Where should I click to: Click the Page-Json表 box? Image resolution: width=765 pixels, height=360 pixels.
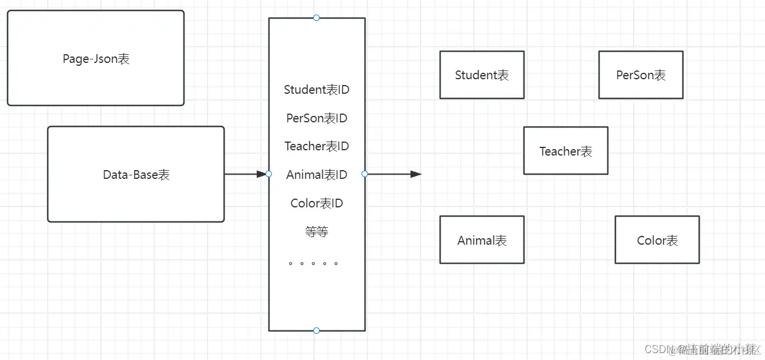[x=95, y=58]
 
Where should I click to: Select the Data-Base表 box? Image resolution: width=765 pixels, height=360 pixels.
[x=136, y=174]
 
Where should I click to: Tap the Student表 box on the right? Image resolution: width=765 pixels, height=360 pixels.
[x=481, y=75]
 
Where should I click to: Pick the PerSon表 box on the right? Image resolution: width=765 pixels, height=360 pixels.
[x=640, y=75]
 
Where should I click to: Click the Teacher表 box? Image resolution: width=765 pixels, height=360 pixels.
[x=565, y=151]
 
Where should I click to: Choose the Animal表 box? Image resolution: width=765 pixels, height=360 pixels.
[x=481, y=240]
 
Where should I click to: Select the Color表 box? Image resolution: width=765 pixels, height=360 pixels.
[x=657, y=240]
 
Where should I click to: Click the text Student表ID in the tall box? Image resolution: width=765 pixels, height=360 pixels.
[x=317, y=90]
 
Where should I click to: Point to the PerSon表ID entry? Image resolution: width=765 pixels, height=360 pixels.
[x=317, y=118]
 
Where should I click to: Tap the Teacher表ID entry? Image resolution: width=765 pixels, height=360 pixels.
[x=317, y=146]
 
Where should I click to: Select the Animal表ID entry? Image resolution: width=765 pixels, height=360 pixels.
[x=317, y=175]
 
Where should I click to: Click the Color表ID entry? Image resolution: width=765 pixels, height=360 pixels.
[x=317, y=203]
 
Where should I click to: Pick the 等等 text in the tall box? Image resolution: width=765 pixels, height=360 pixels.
[x=317, y=232]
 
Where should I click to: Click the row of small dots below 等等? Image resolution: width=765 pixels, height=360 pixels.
[x=313, y=263]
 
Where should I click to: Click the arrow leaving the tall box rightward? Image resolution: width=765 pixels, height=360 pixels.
[x=394, y=174]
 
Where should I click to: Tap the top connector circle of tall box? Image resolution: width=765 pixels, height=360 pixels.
[x=316, y=18]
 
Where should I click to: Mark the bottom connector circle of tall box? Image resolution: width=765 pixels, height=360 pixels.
[x=316, y=330]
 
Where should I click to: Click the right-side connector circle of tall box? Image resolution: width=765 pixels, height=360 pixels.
[x=365, y=174]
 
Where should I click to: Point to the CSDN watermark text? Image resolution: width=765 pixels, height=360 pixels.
[x=702, y=349]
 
